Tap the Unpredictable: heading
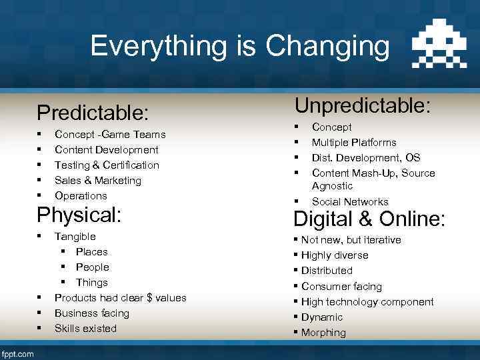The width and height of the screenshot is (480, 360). pyautogui.click(x=362, y=105)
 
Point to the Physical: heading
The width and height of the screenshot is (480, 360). pyautogui.click(x=78, y=215)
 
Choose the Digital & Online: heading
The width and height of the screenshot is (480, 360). pyautogui.click(x=369, y=219)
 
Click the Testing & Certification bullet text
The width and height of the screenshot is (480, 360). pyautogui.click(x=107, y=165)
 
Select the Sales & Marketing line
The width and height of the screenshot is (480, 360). pyautogui.click(x=98, y=180)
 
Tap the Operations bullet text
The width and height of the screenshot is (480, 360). pyautogui.click(x=81, y=195)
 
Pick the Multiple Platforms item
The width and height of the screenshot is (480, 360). pyautogui.click(x=354, y=142)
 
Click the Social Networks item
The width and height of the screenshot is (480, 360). pyautogui.click(x=350, y=201)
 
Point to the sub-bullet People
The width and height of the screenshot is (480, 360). pyautogui.click(x=92, y=267)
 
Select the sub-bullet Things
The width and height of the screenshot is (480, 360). pyautogui.click(x=91, y=282)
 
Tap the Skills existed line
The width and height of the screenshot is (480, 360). pyautogui.click(x=85, y=328)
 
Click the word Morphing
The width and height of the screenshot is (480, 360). pyautogui.click(x=323, y=332)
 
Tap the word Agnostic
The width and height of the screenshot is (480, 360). pyautogui.click(x=332, y=186)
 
